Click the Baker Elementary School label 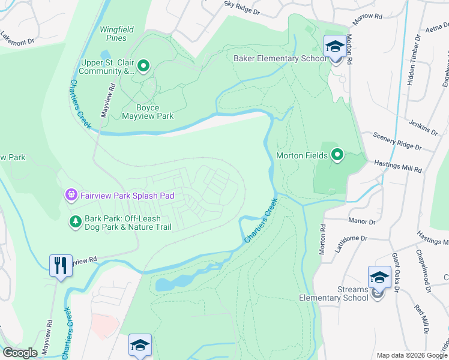pos(279,58)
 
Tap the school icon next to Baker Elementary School pos(334,46)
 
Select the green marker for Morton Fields pos(337,155)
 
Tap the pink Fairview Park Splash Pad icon pos(71,194)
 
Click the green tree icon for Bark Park pos(75,223)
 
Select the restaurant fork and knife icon pos(60,266)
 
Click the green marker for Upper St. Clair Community pos(143,65)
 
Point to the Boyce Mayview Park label pos(147,112)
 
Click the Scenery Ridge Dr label pos(397,142)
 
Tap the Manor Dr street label pos(362,221)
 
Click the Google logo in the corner pos(20,353)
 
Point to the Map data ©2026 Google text pos(412,355)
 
